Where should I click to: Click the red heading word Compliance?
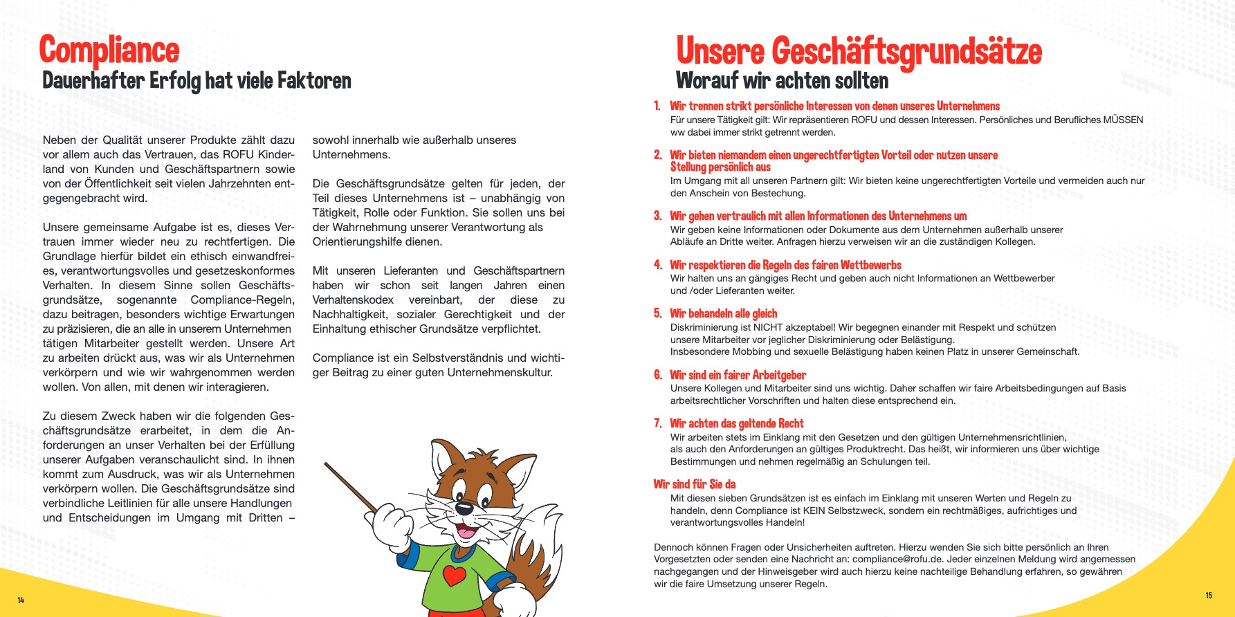[109, 50]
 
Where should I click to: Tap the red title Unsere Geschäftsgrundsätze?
[859, 51]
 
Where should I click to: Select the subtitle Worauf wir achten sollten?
[782, 81]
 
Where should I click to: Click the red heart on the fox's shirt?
[455, 574]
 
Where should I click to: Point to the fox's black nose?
[464, 509]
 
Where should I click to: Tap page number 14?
[21, 600]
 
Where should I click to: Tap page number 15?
[1209, 595]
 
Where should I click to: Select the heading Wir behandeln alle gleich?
[723, 313]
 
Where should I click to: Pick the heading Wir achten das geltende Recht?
[736, 423]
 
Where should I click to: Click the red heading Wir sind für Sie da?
[694, 484]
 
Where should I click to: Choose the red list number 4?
[658, 265]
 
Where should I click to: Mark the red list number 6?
[658, 375]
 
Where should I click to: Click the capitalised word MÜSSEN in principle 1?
[1123, 120]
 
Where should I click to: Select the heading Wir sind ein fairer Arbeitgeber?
[738, 375]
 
